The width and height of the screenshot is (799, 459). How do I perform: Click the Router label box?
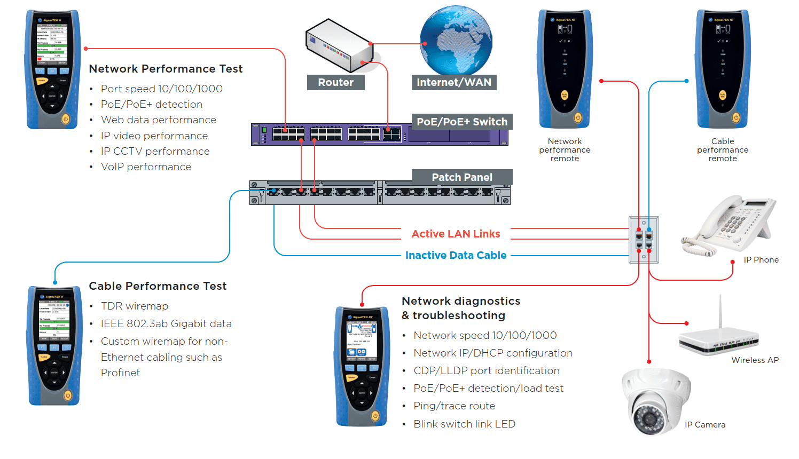point(335,82)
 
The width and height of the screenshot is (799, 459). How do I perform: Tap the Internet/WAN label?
point(453,82)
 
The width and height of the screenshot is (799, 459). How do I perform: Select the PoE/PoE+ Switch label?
point(461,122)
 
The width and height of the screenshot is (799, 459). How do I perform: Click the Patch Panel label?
point(461,177)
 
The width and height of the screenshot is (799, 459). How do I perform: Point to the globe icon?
point(456,41)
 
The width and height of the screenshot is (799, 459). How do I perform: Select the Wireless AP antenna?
point(720,312)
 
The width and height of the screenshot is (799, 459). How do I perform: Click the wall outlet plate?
point(644,240)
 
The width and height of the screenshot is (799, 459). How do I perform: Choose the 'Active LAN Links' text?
point(456,234)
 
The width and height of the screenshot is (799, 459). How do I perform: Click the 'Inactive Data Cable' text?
point(456,255)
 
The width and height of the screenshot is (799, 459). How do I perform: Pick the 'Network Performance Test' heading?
point(166,69)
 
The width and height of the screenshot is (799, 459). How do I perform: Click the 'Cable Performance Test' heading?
point(158,286)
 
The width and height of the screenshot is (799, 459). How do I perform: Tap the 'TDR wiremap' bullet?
point(135,306)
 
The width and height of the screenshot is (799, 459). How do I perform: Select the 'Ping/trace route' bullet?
point(454,406)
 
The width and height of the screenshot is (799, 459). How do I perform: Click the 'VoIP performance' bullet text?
point(146,167)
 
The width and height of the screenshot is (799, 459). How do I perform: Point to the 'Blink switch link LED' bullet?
point(464,424)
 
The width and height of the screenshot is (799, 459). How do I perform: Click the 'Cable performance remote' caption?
point(722,150)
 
